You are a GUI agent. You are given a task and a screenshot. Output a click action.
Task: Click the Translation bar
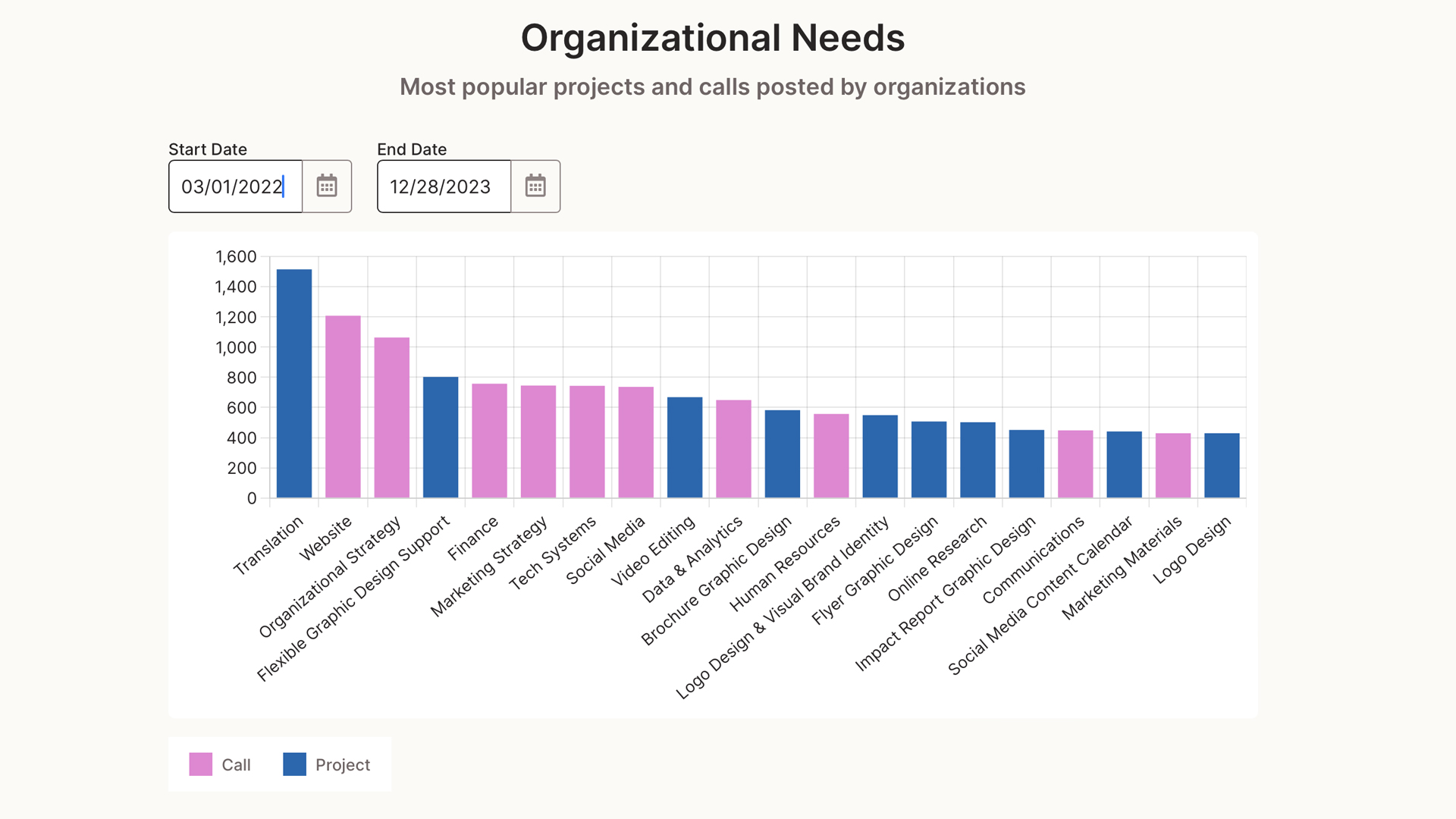pyautogui.click(x=294, y=384)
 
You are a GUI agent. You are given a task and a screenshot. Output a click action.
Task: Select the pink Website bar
pyautogui.click(x=343, y=407)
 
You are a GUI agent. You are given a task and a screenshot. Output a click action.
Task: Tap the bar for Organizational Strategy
pyautogui.click(x=392, y=418)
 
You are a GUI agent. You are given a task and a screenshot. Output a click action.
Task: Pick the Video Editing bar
pyautogui.click(x=685, y=447)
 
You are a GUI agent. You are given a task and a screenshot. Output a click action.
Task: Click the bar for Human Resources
pyautogui.click(x=831, y=456)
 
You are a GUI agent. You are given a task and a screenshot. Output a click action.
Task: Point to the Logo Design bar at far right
pyautogui.click(x=1222, y=466)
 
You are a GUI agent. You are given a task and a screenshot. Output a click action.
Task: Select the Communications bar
pyautogui.click(x=1075, y=464)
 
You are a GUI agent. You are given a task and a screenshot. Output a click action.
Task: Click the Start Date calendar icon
pyautogui.click(x=327, y=186)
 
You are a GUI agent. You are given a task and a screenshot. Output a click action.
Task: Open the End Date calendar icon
pyautogui.click(x=535, y=186)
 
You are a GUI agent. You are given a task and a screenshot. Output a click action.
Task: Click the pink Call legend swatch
pyautogui.click(x=201, y=764)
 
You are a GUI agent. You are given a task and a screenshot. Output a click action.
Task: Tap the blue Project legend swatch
pyautogui.click(x=294, y=764)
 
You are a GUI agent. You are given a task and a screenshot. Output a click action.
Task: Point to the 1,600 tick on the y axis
pyautogui.click(x=236, y=256)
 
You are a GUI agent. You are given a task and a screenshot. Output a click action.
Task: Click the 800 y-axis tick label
pyautogui.click(x=241, y=378)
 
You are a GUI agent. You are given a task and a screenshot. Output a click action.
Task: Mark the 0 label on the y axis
pyautogui.click(x=252, y=498)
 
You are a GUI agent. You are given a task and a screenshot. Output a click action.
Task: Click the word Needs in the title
pyautogui.click(x=848, y=38)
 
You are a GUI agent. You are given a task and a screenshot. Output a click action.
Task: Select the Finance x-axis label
pyautogui.click(x=473, y=538)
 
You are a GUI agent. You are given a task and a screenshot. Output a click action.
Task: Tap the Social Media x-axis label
pyautogui.click(x=605, y=551)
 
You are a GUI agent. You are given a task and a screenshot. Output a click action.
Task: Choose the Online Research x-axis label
pyautogui.click(x=937, y=559)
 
